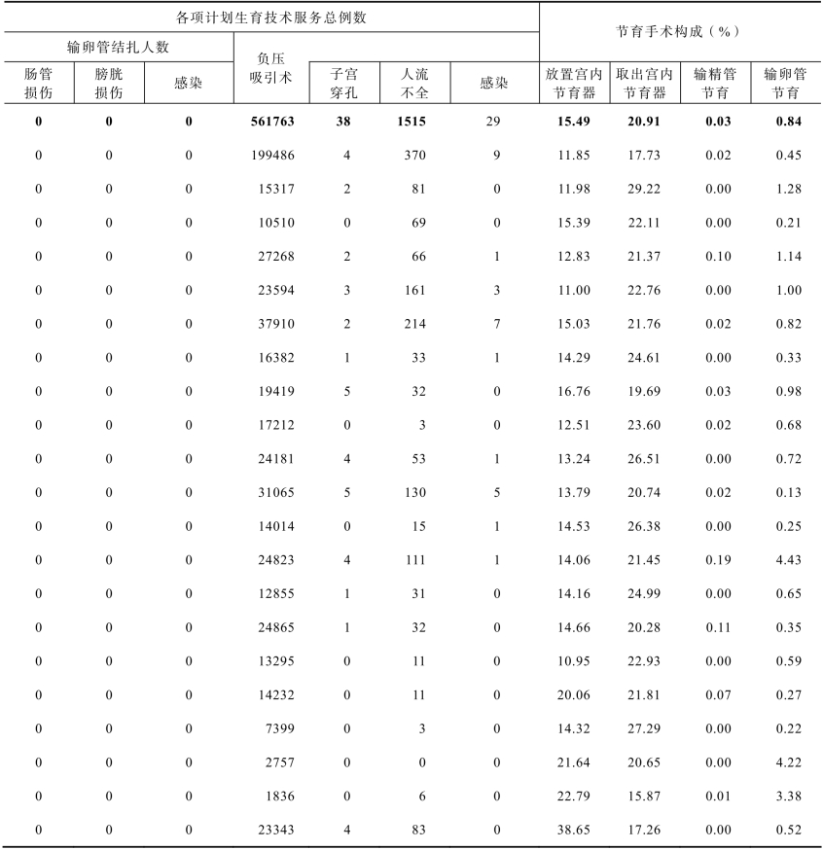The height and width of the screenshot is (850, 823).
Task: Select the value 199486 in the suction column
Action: tap(272, 155)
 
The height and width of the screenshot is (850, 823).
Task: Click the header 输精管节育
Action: tap(715, 84)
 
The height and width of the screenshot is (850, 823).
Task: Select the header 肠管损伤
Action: tap(38, 84)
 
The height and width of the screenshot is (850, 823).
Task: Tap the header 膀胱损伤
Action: tap(108, 84)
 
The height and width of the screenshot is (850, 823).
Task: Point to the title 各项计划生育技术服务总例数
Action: tap(270, 18)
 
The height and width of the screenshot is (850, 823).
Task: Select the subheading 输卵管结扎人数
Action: tap(118, 47)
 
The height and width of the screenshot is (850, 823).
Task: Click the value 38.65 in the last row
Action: tap(576, 830)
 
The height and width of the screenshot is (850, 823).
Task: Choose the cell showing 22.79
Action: tap(576, 796)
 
